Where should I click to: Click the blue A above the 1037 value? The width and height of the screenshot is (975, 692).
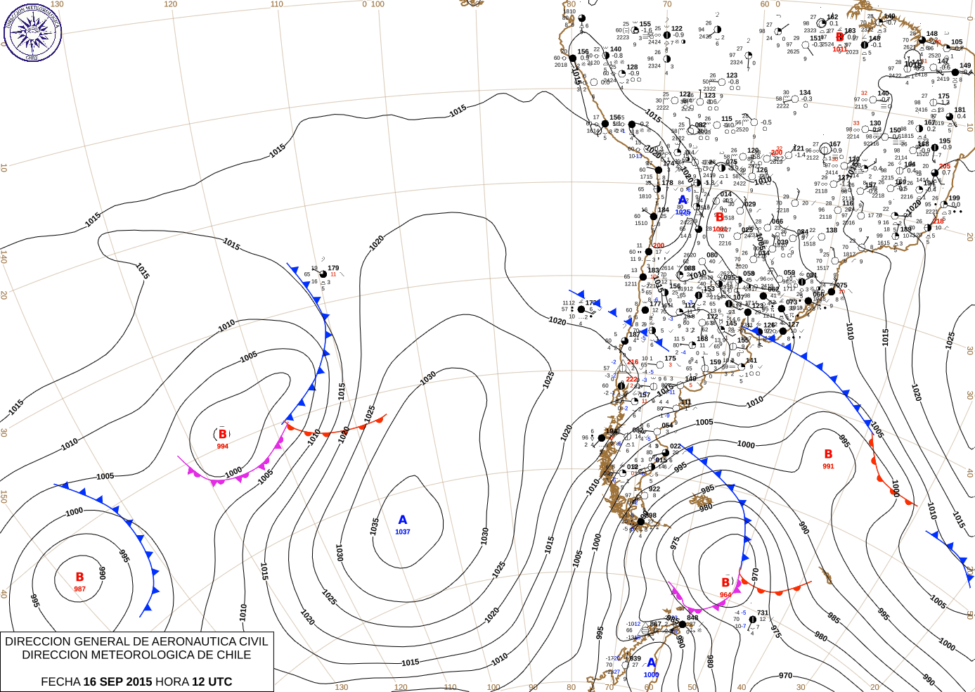tap(402, 520)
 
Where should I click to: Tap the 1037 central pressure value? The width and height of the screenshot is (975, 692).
tap(402, 532)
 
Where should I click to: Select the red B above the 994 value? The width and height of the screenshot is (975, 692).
tap(223, 435)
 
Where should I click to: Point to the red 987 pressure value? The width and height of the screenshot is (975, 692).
tap(80, 589)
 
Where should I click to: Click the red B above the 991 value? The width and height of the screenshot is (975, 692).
tap(828, 454)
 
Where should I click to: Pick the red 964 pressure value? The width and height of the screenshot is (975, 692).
tap(725, 595)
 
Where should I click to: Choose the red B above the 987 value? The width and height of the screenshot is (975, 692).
tap(80, 577)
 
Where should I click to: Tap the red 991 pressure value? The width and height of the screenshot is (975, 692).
tap(828, 466)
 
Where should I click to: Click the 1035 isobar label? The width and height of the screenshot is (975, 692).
tap(375, 525)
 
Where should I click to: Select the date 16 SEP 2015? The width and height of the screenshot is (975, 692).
tap(117, 681)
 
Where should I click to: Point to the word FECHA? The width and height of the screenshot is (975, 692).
tap(60, 681)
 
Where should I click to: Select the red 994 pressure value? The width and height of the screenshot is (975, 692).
tap(222, 447)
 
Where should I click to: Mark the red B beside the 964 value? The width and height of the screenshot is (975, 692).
tap(726, 582)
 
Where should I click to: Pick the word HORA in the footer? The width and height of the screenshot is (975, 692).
tap(172, 681)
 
